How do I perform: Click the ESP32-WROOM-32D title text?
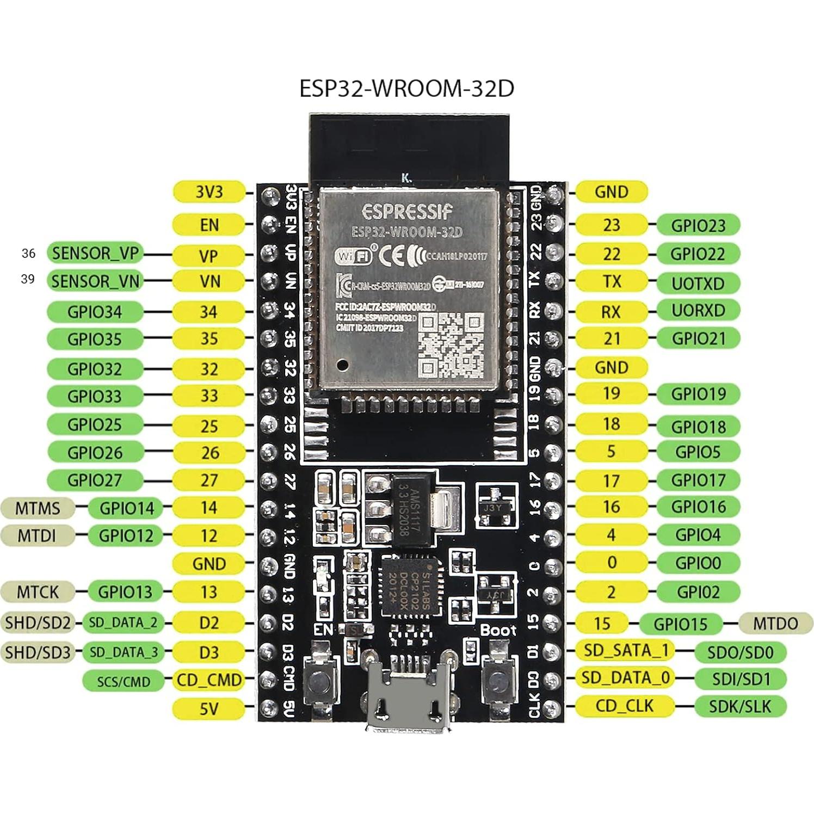point(406,89)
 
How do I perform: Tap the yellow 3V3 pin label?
point(208,192)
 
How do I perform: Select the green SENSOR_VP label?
point(95,253)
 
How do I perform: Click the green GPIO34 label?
point(95,312)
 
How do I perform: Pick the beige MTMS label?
point(38,508)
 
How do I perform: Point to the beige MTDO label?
point(775,624)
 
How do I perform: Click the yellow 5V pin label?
point(208,708)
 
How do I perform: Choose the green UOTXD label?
point(698,283)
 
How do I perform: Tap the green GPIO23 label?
point(698,225)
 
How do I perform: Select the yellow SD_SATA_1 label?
point(625,650)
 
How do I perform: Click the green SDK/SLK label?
point(740,706)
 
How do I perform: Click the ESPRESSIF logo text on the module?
point(407,211)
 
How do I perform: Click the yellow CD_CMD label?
point(208,680)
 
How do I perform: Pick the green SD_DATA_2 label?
point(123,622)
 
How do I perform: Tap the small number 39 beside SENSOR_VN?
point(28,279)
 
